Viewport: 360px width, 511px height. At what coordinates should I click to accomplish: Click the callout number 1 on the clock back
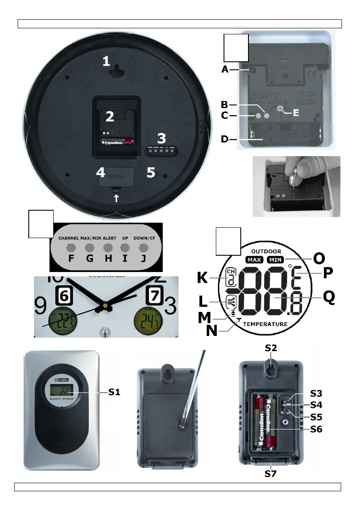pyautogui.click(x=106, y=62)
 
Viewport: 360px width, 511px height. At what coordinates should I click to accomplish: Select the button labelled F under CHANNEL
pyautogui.click(x=71, y=248)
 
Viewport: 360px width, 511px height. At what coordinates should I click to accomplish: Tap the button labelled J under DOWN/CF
pyautogui.click(x=143, y=248)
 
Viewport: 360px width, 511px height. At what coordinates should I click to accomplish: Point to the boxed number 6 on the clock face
pyautogui.click(x=64, y=296)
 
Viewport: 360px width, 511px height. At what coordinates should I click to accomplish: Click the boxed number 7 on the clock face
pyautogui.click(x=154, y=296)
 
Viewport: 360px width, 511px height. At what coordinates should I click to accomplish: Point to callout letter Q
pyautogui.click(x=329, y=298)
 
